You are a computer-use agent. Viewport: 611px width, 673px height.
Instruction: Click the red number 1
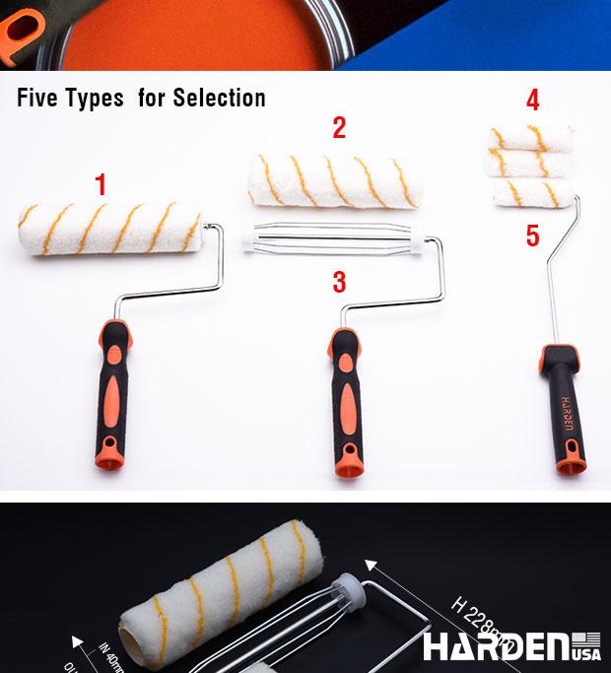(x=101, y=183)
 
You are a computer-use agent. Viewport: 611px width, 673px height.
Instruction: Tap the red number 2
(x=339, y=127)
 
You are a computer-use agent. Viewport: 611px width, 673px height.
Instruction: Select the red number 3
(x=339, y=282)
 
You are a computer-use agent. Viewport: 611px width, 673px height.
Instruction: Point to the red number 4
(x=533, y=101)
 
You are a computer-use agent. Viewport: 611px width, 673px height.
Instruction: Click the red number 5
(x=533, y=236)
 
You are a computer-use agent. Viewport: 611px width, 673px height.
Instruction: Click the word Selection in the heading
(x=219, y=98)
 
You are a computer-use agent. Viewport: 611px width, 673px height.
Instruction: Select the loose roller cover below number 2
(x=335, y=181)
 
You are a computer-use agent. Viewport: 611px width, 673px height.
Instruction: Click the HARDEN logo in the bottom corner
(x=497, y=647)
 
